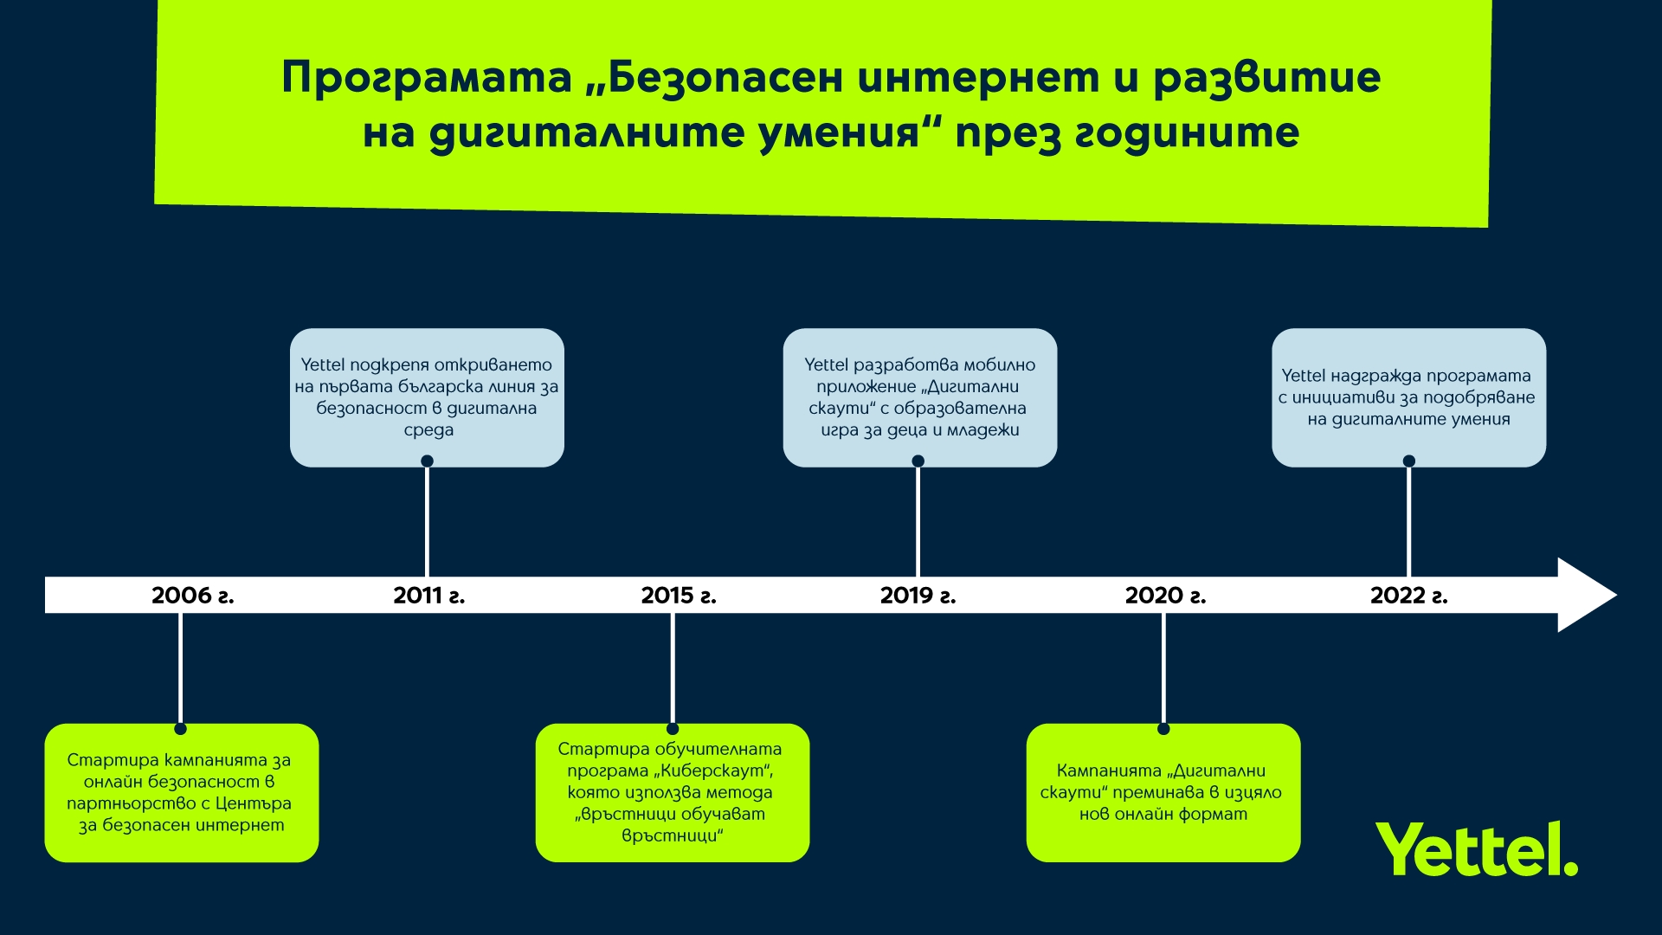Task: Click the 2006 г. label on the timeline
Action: coord(193,596)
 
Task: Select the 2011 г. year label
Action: coord(429,596)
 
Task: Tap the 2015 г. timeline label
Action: coord(679,596)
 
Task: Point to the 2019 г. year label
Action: coord(918,596)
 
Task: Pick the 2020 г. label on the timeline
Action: coord(1165,596)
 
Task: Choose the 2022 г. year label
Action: coord(1409,596)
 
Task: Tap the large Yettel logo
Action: coord(1477,849)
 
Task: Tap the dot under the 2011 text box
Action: coord(427,461)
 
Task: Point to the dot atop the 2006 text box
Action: coord(180,729)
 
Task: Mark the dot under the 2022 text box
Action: coord(1409,461)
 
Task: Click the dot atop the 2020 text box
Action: coord(1163,729)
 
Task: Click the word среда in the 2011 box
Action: coord(428,430)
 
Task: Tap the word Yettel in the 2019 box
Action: coord(827,364)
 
